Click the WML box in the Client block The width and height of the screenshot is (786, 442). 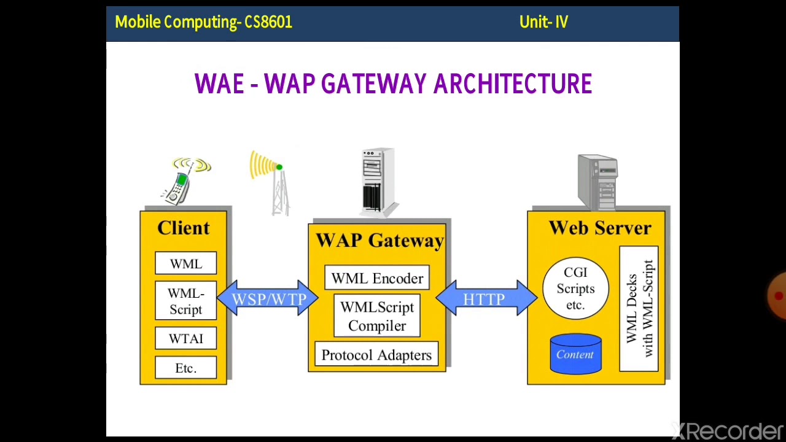(185, 263)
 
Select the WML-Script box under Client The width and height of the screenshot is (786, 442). (185, 301)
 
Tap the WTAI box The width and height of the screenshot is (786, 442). (185, 339)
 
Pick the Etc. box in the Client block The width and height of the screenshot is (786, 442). (185, 368)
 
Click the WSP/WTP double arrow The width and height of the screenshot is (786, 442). (268, 299)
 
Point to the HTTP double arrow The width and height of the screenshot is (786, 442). (484, 299)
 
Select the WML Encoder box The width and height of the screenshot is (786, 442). (377, 278)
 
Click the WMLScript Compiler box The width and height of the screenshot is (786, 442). (377, 316)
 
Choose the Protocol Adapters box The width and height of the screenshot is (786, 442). (376, 355)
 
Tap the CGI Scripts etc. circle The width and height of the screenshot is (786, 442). (575, 289)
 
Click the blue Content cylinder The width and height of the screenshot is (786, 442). (575, 354)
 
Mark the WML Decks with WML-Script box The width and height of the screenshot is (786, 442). (639, 309)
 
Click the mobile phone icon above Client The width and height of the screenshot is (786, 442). (183, 180)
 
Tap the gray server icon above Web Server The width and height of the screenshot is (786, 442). (597, 182)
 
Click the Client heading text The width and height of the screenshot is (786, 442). (184, 228)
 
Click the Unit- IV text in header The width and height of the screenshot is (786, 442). (543, 22)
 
